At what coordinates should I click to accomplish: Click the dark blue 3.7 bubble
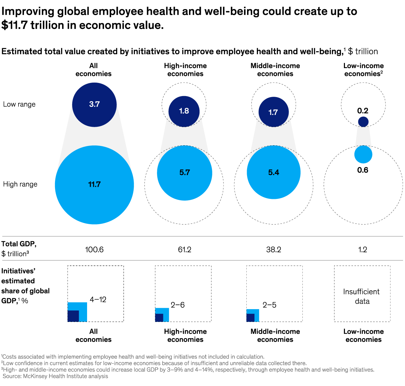[x=94, y=105]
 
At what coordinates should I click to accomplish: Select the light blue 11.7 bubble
[x=94, y=185]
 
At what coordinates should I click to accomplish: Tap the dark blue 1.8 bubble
[x=184, y=111]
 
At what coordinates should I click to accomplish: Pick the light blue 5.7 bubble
[x=185, y=173]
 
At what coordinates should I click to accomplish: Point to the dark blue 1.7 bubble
[x=273, y=112]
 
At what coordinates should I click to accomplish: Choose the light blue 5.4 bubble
[x=273, y=173]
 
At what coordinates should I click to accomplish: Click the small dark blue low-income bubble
[x=363, y=122]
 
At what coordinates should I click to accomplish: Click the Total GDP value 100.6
[x=94, y=250]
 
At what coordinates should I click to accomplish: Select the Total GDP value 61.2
[x=185, y=250]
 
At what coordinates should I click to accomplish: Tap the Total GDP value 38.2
[x=273, y=250]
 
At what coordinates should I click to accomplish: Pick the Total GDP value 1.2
[x=363, y=250]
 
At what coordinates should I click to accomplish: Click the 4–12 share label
[x=98, y=300]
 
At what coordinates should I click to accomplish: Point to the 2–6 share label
[x=178, y=305]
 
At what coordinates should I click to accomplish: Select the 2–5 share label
[x=269, y=305]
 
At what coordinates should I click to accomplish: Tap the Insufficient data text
[x=362, y=296]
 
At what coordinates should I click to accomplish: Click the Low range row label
[x=19, y=105]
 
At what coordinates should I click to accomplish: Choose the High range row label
[x=20, y=184]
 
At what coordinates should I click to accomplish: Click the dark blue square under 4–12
[x=73, y=316]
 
